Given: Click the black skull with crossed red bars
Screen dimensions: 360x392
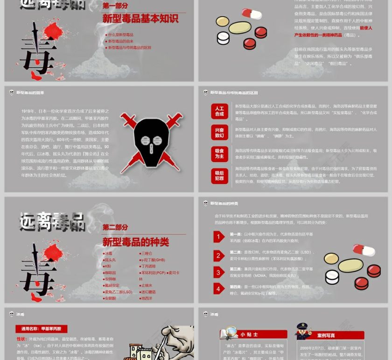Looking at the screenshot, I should coord(151,140).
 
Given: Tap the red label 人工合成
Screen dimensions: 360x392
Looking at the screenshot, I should coord(219,111).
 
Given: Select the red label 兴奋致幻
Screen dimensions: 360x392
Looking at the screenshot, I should coord(219,133).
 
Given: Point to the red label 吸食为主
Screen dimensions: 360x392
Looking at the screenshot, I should coord(219,154).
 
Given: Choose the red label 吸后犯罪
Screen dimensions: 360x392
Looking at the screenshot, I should coord(219,176).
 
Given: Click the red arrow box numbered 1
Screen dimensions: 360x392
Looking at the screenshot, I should coord(219,237).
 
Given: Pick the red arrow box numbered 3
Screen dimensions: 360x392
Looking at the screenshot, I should coord(219,272).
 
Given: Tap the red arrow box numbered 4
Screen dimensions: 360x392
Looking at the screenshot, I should coord(219,289).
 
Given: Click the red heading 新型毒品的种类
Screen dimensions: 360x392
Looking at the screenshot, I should coord(136,242).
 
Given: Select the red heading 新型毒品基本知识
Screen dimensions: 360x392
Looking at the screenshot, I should coord(140,19).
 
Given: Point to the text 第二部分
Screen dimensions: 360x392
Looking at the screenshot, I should coord(115,227).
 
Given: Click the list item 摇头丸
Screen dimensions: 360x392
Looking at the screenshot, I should coord(110,260).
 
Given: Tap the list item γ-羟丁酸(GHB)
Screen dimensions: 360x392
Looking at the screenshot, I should coord(153,260).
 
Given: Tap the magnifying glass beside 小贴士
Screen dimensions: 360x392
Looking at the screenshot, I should coord(230,332).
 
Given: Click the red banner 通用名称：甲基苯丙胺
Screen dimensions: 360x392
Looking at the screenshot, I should coord(42,329).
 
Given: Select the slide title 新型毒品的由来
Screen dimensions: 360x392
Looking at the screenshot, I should coord(30,93).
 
